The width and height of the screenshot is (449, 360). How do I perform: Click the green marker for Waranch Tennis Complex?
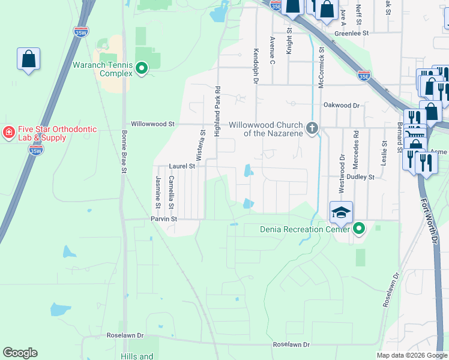[x=142, y=69]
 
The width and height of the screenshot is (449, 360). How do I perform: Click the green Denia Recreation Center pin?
[x=359, y=229]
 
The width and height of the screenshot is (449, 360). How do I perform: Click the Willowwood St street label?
[x=152, y=124]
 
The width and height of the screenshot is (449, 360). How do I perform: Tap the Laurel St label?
[x=182, y=166]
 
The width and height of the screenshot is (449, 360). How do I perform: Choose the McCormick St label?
[x=322, y=70]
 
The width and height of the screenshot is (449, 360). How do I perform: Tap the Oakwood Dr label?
[x=341, y=105]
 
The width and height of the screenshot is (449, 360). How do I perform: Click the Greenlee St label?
[x=351, y=34]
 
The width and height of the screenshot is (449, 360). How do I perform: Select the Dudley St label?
[x=362, y=177]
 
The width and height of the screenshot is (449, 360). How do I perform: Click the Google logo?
[x=20, y=353]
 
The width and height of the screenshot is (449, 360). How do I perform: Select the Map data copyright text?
[x=412, y=355]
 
